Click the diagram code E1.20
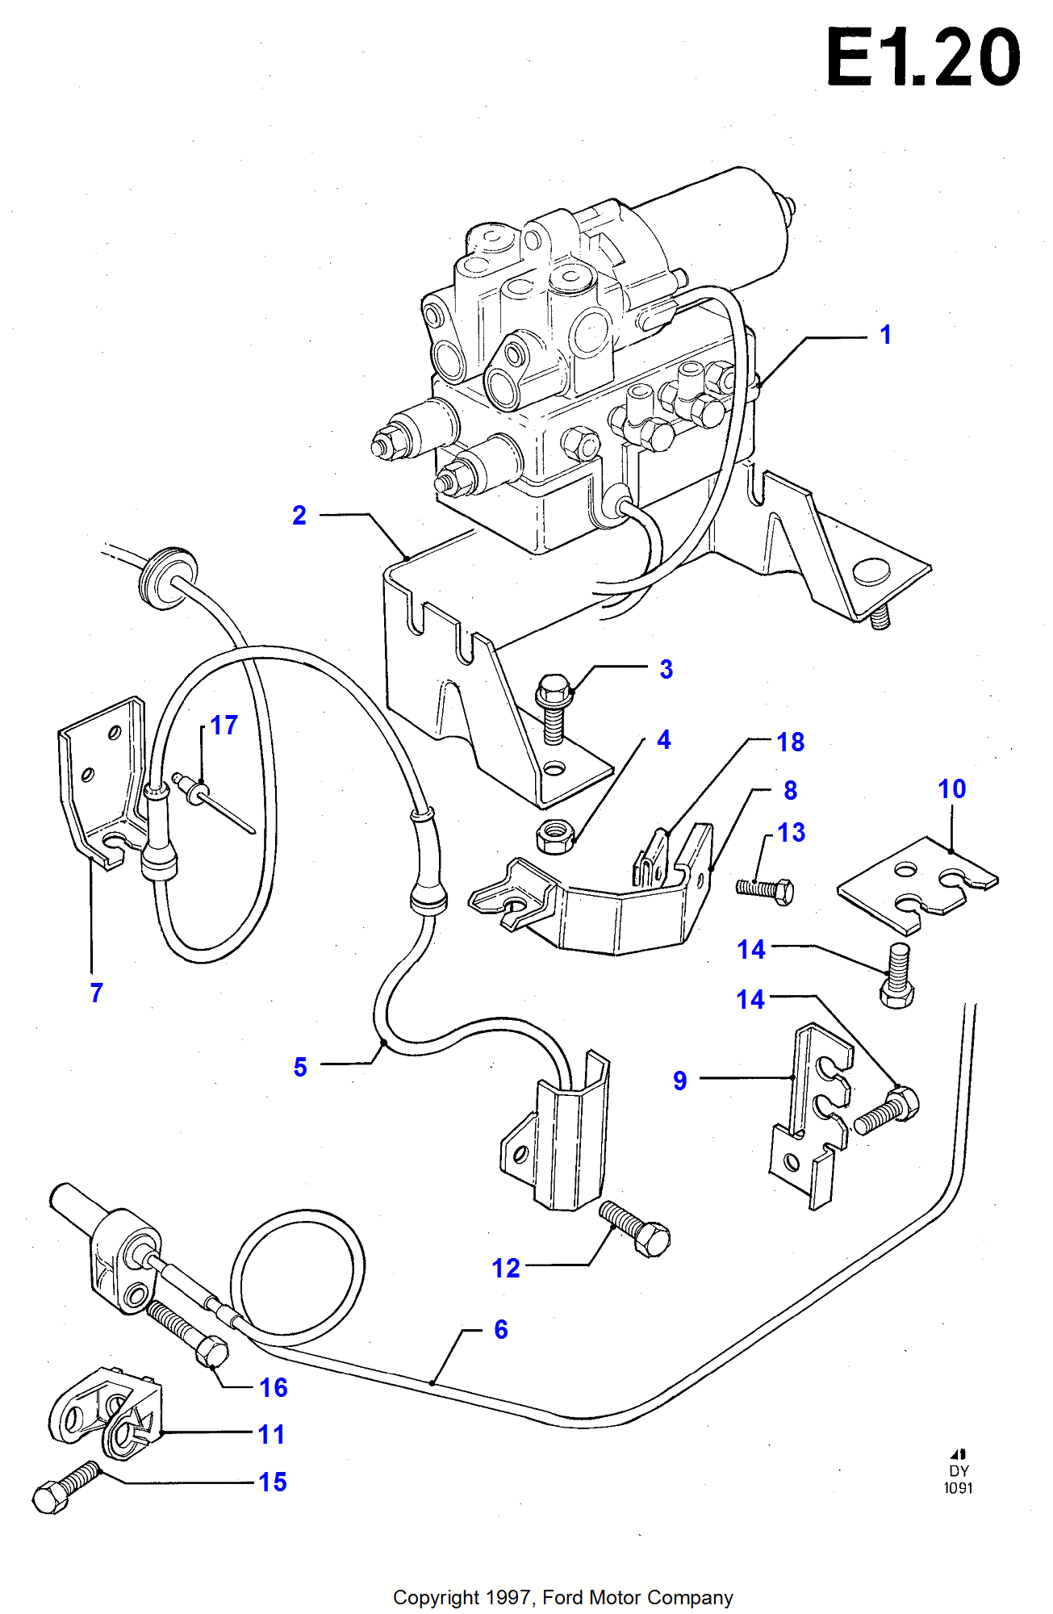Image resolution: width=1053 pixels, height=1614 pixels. coord(923,57)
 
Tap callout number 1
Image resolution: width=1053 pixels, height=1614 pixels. coord(885,335)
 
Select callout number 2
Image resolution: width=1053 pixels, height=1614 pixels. coord(299,515)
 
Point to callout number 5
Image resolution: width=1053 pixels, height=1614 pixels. coord(300,1067)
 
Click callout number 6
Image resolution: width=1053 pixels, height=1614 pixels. coord(500,1329)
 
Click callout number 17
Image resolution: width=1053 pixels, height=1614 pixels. coord(224,725)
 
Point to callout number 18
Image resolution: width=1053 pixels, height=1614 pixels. coord(790,742)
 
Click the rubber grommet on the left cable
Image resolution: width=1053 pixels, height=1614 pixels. coord(167,575)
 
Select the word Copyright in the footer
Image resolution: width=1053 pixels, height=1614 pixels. coord(436,1597)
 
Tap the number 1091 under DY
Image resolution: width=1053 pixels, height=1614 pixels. coord(959,1487)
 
